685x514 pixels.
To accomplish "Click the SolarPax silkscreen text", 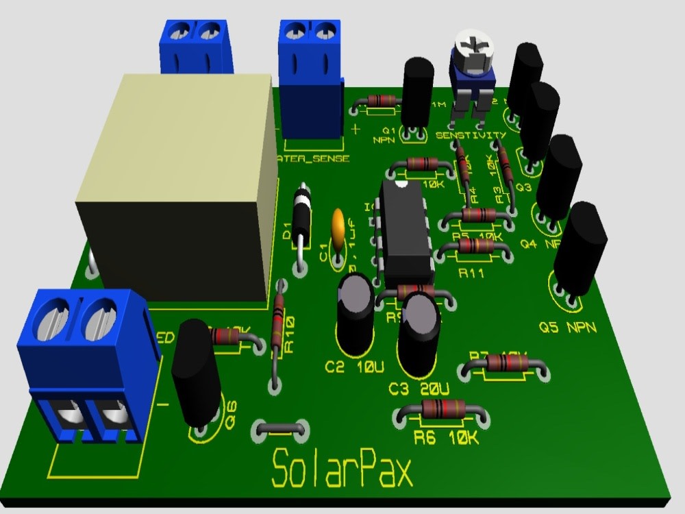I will pos(342,469).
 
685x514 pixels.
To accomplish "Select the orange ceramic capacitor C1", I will pos(338,226).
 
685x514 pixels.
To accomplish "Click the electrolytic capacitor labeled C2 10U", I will pos(356,312).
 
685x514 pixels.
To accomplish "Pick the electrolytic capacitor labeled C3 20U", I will pos(419,332).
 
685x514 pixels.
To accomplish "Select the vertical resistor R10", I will pos(277,329).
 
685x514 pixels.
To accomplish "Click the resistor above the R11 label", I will pos(474,247).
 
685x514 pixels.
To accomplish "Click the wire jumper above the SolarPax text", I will pos(280,430).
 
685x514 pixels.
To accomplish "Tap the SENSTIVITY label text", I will pos(471,136).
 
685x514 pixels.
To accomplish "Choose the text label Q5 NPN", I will pos(569,328).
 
